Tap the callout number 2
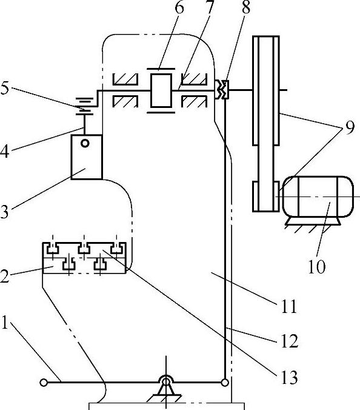click(x=4, y=277)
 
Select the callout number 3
click(x=4, y=212)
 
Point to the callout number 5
click(x=4, y=89)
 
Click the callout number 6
click(x=179, y=8)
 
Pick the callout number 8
click(x=246, y=7)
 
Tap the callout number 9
click(x=350, y=128)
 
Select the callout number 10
click(x=317, y=267)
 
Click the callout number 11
click(x=289, y=306)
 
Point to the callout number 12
click(x=290, y=341)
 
